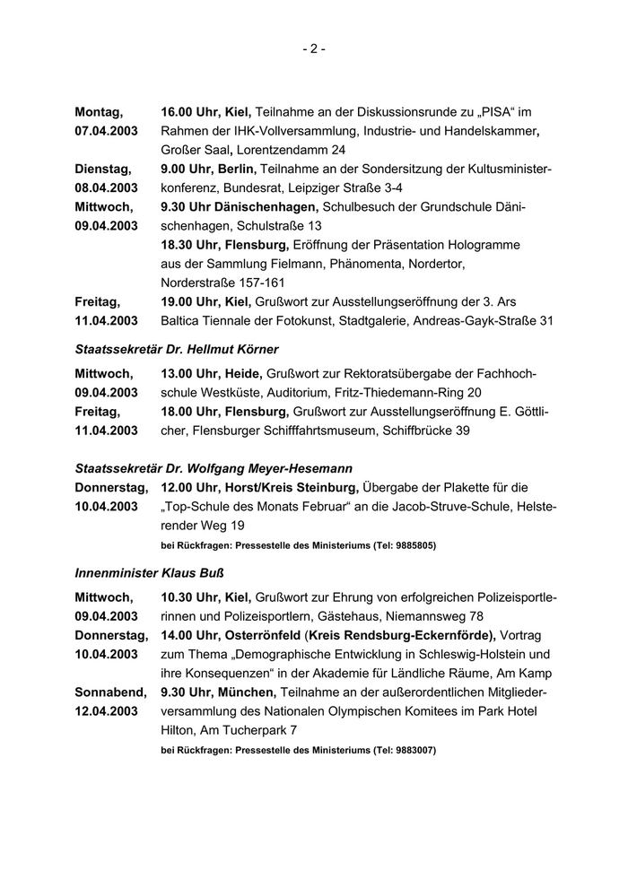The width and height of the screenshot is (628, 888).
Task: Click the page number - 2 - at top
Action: click(x=313, y=49)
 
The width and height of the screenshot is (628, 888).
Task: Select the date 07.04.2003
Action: click(x=106, y=131)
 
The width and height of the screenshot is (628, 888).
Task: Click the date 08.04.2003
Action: click(x=106, y=187)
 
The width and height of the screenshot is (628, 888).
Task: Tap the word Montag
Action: click(x=98, y=112)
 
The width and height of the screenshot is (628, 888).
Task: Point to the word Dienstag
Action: click(x=102, y=169)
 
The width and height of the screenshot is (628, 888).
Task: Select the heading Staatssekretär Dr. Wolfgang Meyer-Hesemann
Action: click(x=214, y=468)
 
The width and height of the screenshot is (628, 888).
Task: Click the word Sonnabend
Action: click(x=110, y=692)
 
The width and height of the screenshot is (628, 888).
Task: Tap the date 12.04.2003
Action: click(x=106, y=710)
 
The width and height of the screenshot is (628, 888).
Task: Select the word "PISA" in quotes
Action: click(x=498, y=112)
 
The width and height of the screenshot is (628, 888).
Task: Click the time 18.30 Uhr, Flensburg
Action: click(x=224, y=244)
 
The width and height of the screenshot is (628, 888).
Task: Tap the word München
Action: click(x=244, y=692)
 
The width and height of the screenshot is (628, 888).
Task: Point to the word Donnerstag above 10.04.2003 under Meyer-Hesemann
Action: click(x=111, y=487)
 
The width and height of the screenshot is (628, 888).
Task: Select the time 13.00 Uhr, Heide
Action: click(x=212, y=373)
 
